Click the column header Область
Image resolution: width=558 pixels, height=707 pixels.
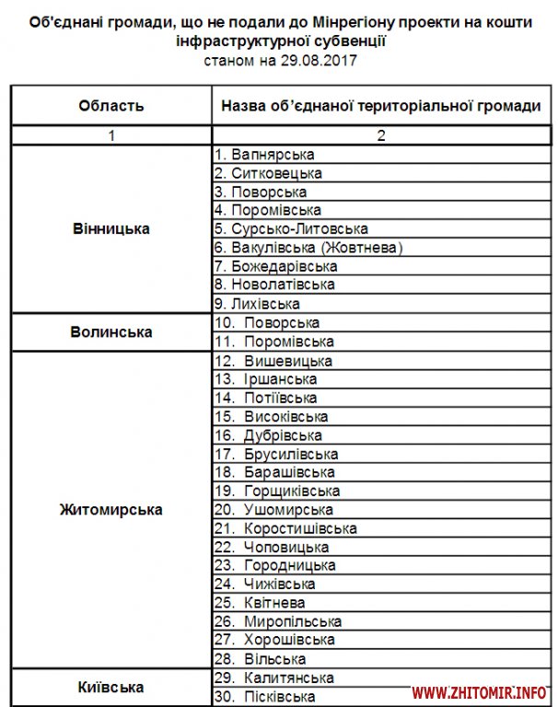pos(111,105)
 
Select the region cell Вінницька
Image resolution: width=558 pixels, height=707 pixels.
pos(111,228)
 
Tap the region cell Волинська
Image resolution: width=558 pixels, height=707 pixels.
pos(111,331)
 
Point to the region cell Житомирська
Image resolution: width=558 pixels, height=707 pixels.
pos(111,510)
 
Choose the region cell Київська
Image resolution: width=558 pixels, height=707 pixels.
pos(111,687)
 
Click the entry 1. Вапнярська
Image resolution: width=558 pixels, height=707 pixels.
pos(264,155)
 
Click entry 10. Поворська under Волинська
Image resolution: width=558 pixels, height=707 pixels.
pos(267,322)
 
